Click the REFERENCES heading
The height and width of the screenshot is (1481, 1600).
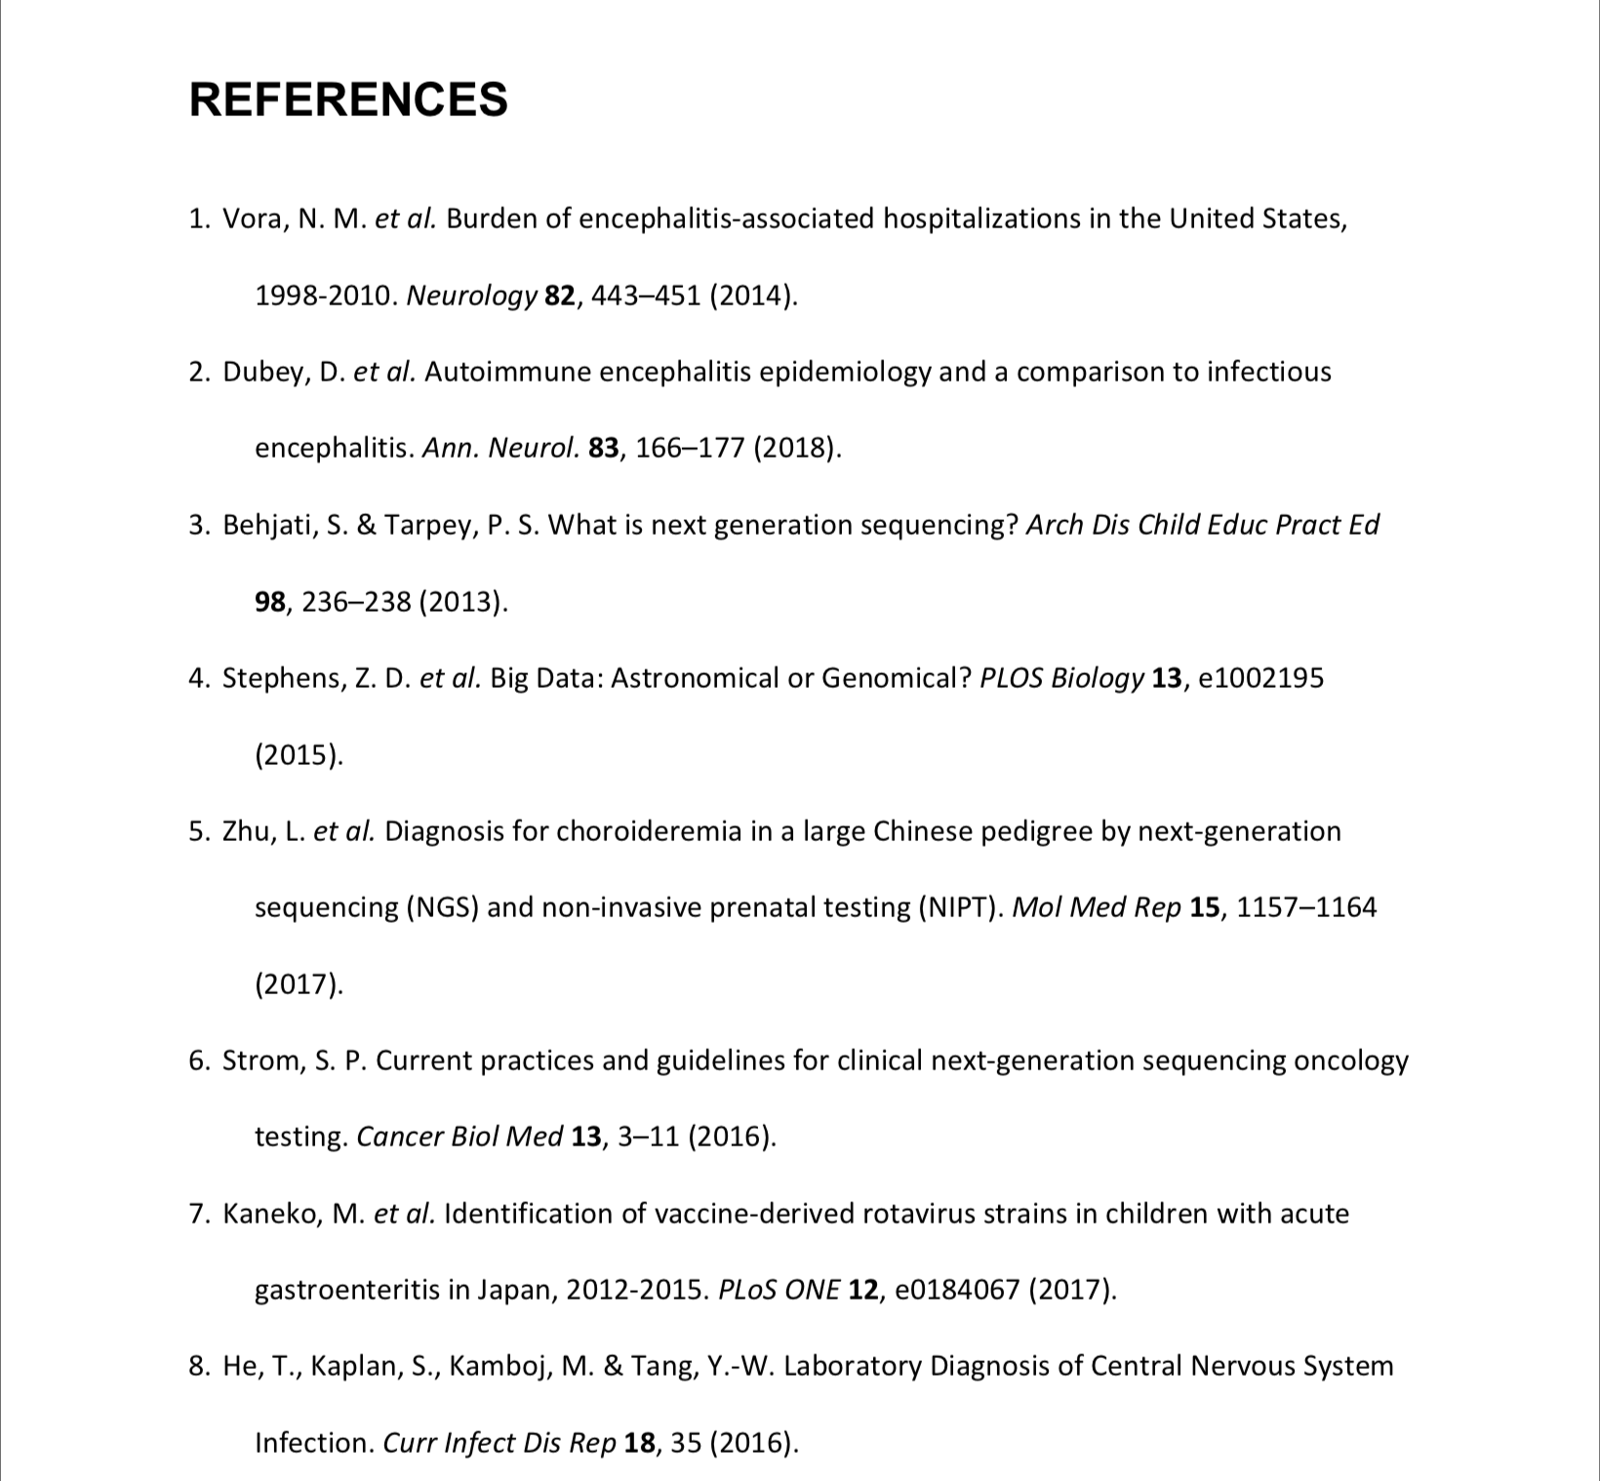pos(348,100)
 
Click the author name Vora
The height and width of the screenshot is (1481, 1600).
pos(252,219)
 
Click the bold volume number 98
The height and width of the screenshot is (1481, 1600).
pos(270,602)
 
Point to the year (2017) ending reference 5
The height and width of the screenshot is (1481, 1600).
pos(300,984)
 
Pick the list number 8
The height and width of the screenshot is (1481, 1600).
pos(198,1366)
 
